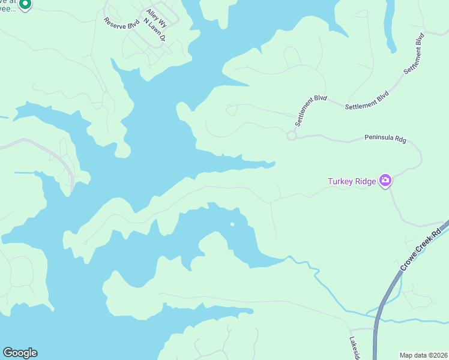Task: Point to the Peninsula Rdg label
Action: (385, 139)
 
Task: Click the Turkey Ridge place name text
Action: (352, 181)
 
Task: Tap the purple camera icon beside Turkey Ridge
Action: (385, 181)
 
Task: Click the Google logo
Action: (20, 353)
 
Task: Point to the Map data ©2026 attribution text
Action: (423, 355)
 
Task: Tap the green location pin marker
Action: (25, 5)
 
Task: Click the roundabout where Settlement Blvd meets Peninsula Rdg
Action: (292, 136)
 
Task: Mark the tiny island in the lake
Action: (232, 225)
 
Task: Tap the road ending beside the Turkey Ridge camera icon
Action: (390, 188)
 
